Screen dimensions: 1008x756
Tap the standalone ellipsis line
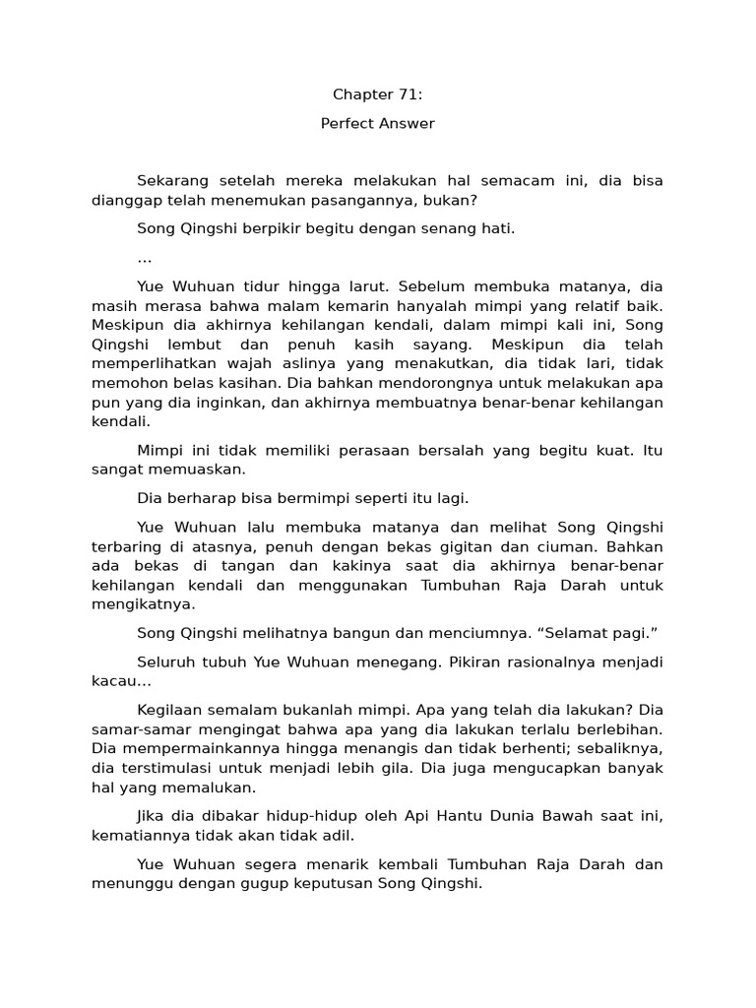point(144,258)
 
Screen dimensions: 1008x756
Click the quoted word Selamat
point(532,632)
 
